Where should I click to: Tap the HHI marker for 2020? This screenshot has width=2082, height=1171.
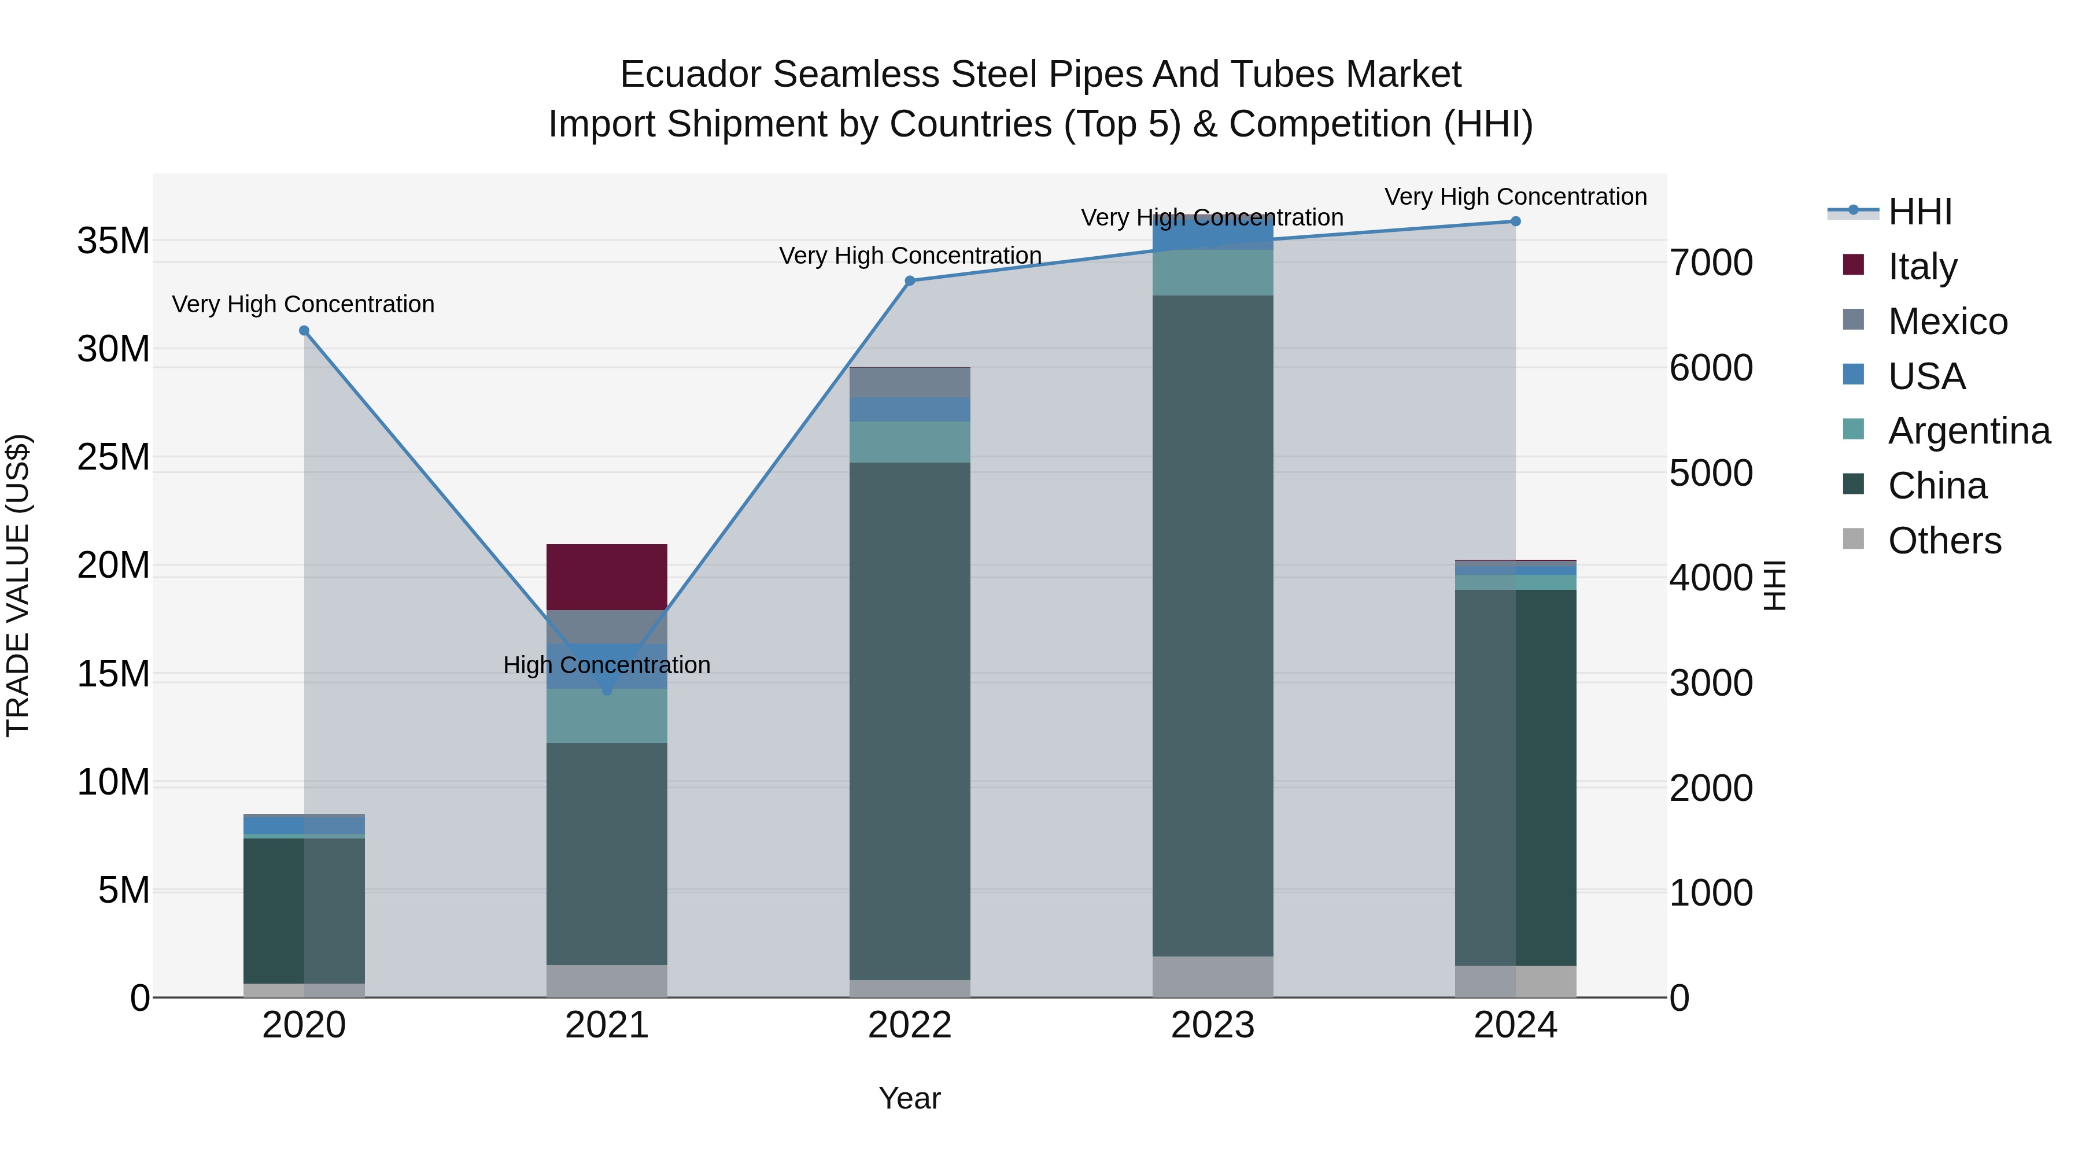[x=304, y=331]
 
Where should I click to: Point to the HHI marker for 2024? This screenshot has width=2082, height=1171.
[x=1515, y=221]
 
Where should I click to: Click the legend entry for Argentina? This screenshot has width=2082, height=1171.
[x=1968, y=431]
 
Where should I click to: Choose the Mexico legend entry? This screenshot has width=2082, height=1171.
[x=1947, y=322]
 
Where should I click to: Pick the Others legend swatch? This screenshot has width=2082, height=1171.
[x=1854, y=539]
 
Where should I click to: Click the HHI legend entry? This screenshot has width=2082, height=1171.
[x=1919, y=212]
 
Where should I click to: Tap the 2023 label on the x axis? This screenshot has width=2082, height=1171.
[x=1212, y=1025]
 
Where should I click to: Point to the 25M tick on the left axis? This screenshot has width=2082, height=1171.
[x=114, y=457]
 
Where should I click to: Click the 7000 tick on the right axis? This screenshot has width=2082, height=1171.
[x=1711, y=263]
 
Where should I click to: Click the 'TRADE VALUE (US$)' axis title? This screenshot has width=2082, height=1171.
[x=19, y=585]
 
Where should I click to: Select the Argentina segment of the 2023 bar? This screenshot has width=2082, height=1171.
[x=1212, y=272]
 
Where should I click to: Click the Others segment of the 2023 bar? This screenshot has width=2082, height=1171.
[x=1212, y=976]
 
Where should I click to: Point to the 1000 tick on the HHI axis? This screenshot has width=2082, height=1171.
[x=1711, y=893]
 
